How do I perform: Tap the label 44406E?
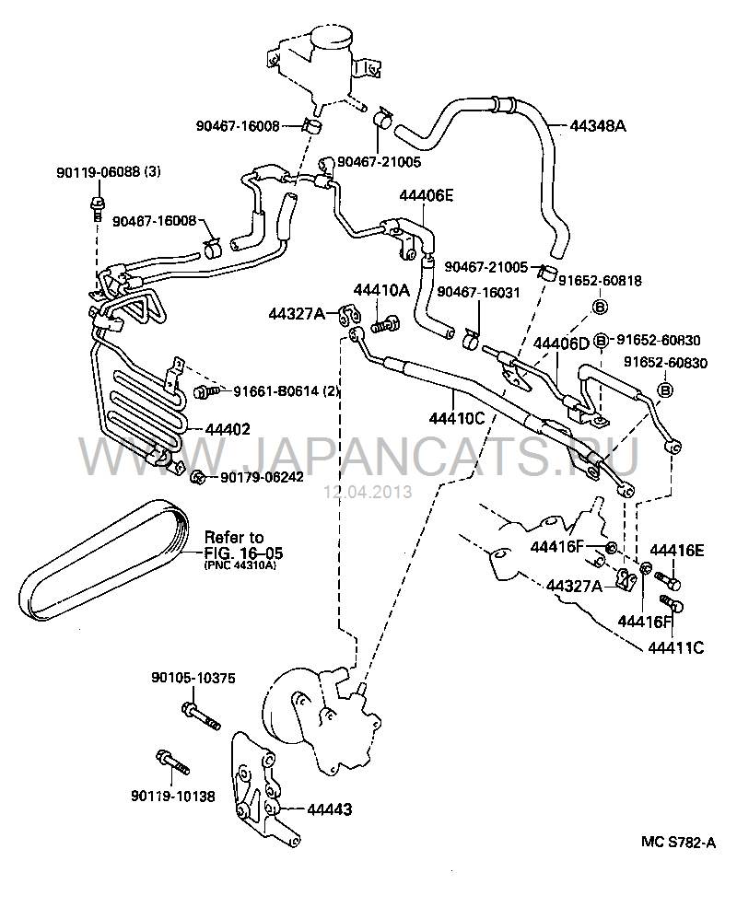[427, 196]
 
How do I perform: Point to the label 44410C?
[457, 420]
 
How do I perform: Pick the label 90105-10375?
[193, 679]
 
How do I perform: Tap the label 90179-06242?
[262, 477]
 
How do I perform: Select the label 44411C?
[674, 647]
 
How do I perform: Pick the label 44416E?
[678, 551]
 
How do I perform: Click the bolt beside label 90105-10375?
[201, 715]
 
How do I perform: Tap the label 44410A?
[381, 291]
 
